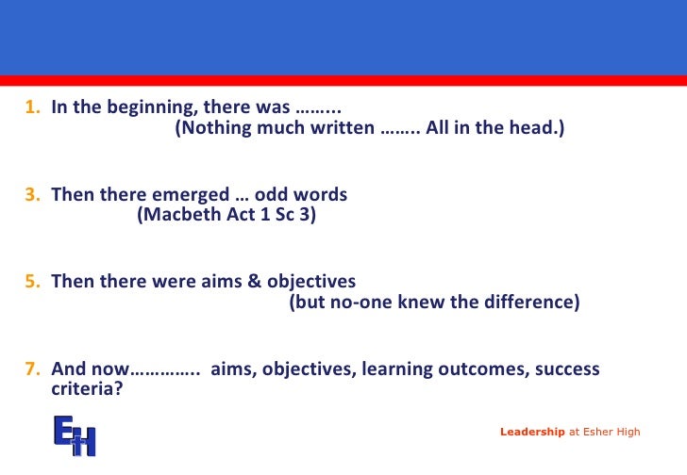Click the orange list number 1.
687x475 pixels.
(31, 107)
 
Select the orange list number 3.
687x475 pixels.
(31, 195)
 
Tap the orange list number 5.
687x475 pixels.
(31, 282)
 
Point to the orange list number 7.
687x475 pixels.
(31, 369)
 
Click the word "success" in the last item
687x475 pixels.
(565, 369)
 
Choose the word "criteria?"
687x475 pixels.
(86, 386)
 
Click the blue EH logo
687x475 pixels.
(75, 434)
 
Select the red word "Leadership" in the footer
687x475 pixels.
(533, 432)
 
